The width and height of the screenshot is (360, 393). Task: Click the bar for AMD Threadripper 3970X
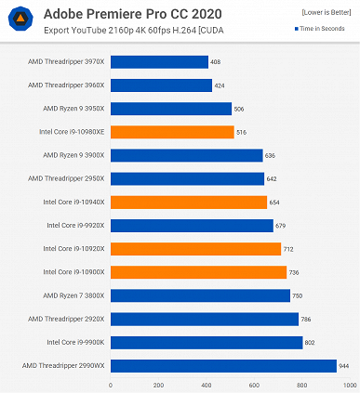(159, 62)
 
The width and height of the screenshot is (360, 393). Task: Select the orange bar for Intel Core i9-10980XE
(172, 132)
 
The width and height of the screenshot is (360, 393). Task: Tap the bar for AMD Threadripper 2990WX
(223, 365)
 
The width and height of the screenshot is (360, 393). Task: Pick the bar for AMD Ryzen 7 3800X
(200, 295)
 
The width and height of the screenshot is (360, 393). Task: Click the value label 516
(243, 132)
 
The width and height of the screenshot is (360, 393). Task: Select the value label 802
(311, 342)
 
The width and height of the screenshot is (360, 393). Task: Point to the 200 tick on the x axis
(158, 384)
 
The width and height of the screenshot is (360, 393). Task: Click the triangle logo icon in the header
(20, 20)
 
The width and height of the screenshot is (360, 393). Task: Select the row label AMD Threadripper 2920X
(67, 319)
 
